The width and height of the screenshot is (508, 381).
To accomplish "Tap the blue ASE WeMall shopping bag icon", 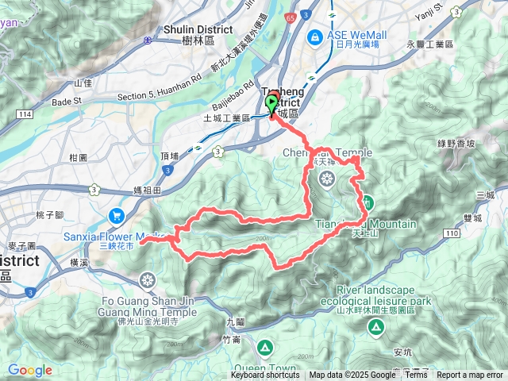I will [x=315, y=37].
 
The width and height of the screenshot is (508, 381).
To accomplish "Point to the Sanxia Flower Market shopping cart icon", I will [x=117, y=215].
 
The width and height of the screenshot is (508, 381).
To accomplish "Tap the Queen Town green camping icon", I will [x=264, y=347].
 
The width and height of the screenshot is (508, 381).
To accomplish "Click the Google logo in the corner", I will [x=29, y=370].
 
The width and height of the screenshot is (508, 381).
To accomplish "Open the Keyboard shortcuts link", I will [x=265, y=375].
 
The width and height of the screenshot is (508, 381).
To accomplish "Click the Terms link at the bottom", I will [x=415, y=375].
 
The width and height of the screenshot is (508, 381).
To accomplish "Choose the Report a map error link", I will [x=469, y=375].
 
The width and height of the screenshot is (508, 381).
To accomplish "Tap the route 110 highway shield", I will [x=452, y=232].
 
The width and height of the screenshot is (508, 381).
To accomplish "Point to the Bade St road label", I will [x=67, y=102].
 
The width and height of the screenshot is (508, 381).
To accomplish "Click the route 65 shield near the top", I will [x=291, y=15].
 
